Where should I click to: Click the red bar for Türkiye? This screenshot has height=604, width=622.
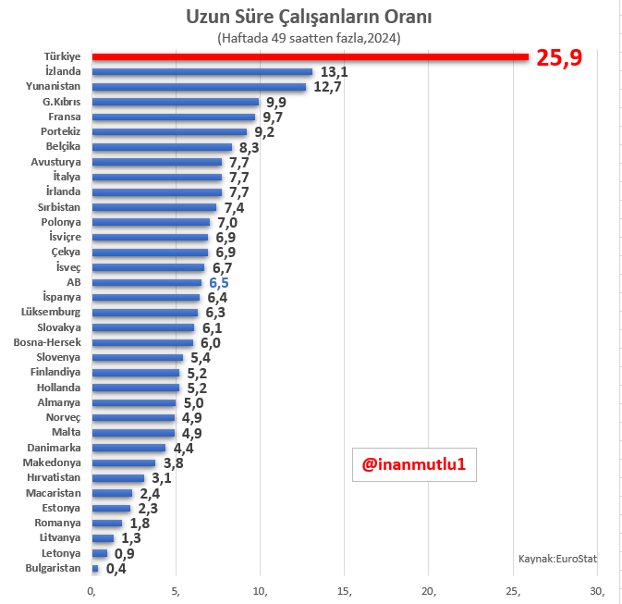(310, 56)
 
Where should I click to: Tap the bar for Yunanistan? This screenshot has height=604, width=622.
(199, 87)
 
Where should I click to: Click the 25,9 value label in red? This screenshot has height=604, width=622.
(560, 58)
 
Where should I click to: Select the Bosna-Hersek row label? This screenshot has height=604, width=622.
(47, 342)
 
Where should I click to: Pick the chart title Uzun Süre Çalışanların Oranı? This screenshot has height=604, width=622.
(309, 18)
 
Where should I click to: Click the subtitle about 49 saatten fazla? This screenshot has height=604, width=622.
(309, 38)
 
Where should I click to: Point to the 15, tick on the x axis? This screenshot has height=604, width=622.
(345, 591)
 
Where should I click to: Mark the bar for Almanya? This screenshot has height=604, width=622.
(134, 402)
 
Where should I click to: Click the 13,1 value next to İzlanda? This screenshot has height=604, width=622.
(335, 72)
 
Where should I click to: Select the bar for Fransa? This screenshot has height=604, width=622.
(174, 117)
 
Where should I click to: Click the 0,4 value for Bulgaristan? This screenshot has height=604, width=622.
(116, 568)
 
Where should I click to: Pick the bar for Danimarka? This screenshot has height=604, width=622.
(128, 448)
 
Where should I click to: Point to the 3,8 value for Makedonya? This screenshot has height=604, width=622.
(174, 463)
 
